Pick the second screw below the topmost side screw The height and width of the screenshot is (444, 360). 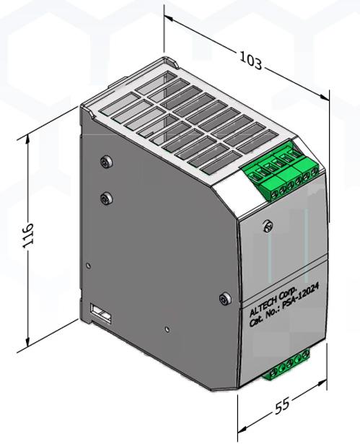pos(107,196)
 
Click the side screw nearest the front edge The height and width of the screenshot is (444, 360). pos(224,297)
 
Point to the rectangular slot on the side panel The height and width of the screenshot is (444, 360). pos(100,313)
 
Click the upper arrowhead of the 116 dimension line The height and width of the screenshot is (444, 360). pos(30,137)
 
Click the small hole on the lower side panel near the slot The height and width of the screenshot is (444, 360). pos(167,330)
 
